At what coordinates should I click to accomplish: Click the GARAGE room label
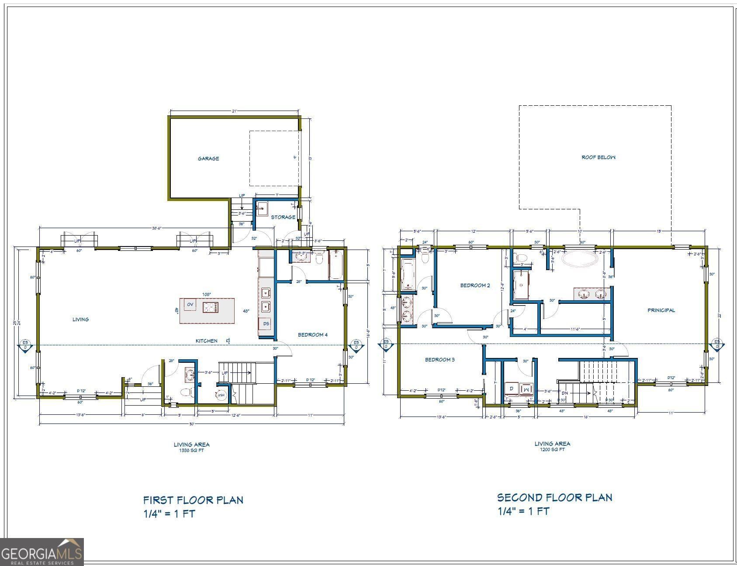208,159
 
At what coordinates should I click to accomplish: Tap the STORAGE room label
283,217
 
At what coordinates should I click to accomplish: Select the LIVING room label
80,319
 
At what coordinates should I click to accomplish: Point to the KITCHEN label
206,341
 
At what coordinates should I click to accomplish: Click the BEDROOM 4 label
312,335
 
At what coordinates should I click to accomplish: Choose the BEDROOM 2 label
475,285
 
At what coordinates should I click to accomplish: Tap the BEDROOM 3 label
440,360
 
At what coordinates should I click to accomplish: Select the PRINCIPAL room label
661,310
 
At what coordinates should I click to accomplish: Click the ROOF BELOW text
598,157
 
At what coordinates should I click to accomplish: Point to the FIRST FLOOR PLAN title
193,500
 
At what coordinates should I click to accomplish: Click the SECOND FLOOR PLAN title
554,497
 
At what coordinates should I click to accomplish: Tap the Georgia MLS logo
42,552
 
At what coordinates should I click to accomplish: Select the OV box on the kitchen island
190,304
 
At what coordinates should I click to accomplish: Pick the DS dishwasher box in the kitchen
266,324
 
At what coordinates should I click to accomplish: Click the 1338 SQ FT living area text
191,450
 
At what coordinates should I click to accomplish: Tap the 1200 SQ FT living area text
552,449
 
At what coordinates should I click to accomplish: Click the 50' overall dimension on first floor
191,424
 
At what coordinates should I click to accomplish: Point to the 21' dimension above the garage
235,111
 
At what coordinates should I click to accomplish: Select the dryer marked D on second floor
511,388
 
